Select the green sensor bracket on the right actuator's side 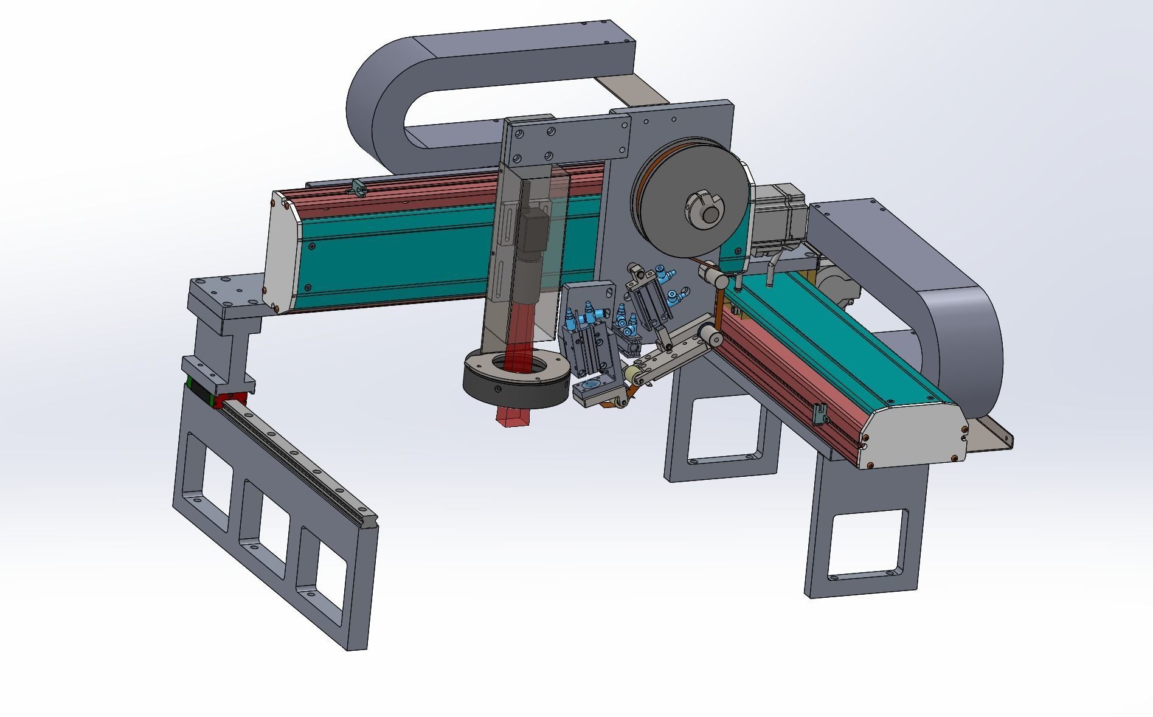[x=820, y=413]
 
